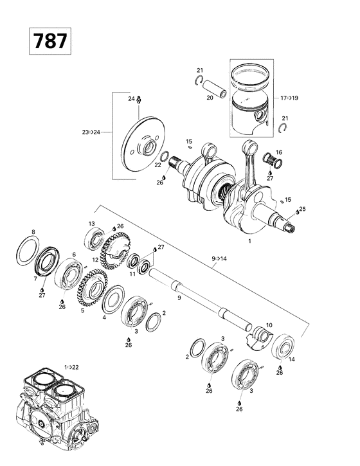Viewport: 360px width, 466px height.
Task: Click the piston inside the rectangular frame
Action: [252, 106]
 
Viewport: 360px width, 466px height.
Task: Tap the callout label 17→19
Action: [289, 98]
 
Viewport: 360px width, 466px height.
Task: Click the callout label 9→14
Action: [219, 258]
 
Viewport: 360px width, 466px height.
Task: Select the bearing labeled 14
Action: [283, 346]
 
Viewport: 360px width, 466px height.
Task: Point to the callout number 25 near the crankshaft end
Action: [302, 210]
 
